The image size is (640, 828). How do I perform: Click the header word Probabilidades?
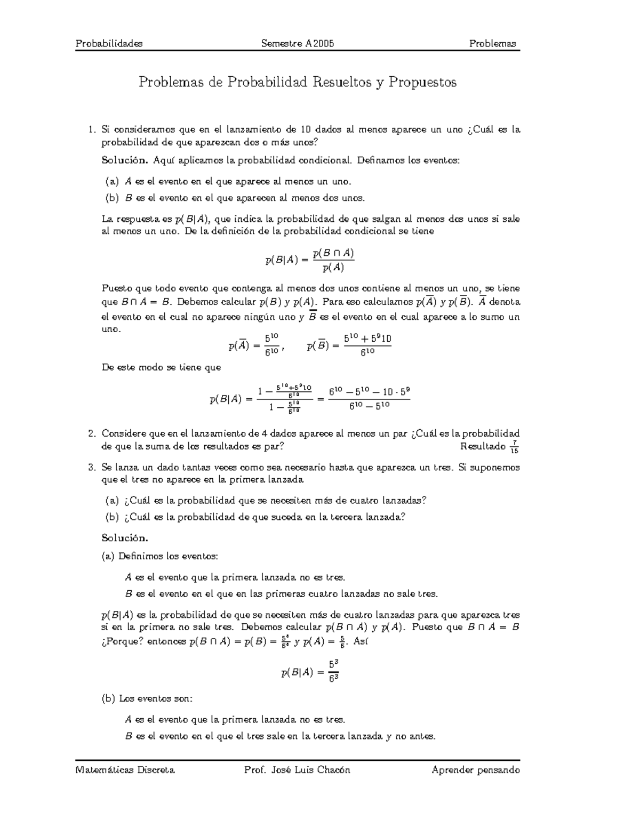tap(109, 44)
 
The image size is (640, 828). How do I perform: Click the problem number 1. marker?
tap(93, 130)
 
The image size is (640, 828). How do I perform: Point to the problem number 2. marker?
tap(93, 433)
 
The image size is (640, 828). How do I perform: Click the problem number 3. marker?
tap(93, 468)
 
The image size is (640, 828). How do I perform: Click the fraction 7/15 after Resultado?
tap(514, 447)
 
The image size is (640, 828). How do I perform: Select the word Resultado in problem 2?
tap(483, 446)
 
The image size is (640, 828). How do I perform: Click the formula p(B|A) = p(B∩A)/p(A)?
tap(310, 260)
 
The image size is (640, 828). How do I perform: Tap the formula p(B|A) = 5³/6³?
tap(310, 672)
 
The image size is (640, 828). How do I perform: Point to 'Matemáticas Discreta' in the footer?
tap(125, 770)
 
